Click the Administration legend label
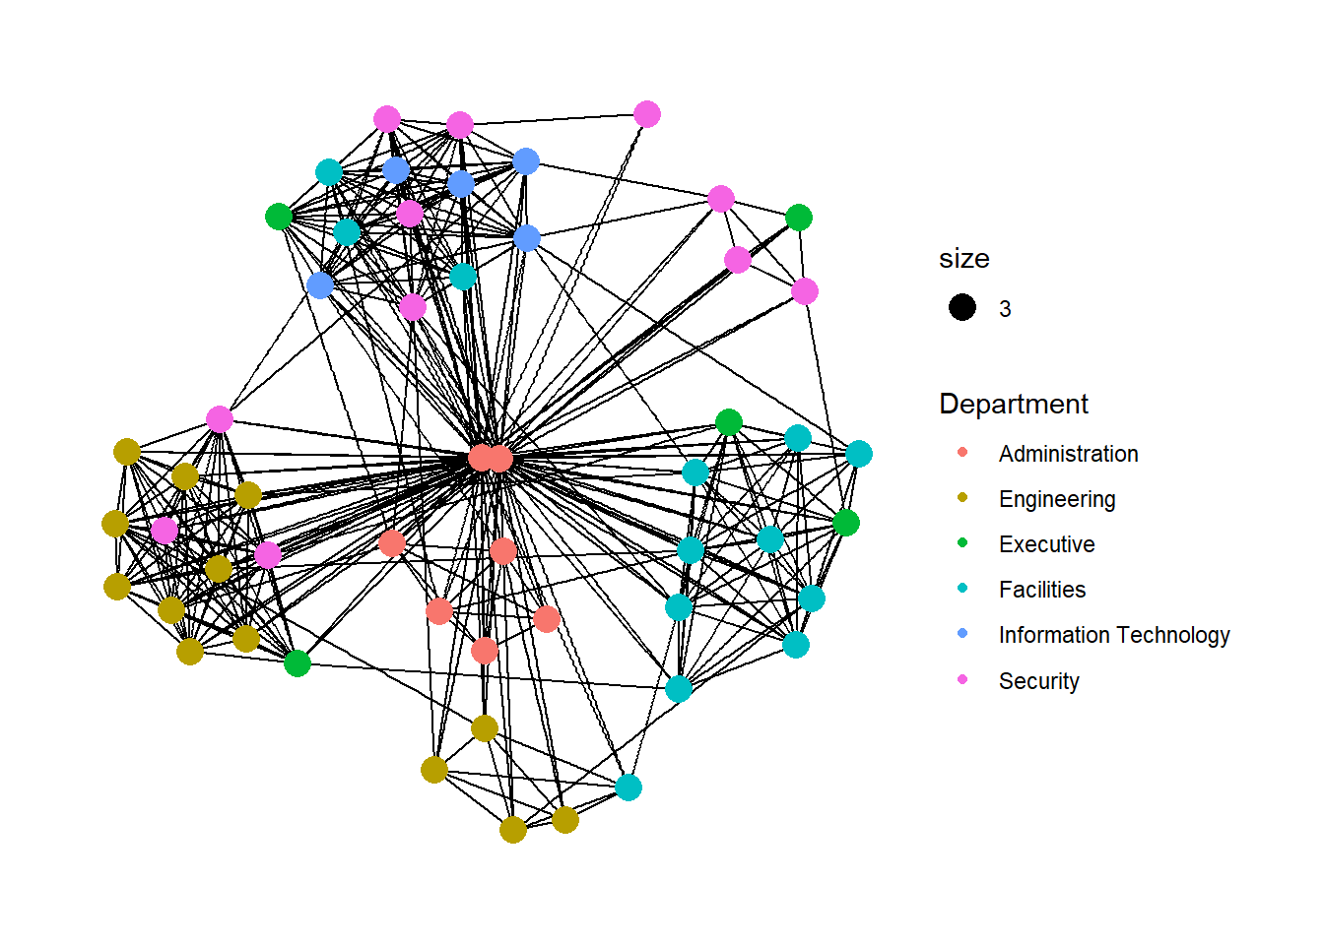pos(1068,454)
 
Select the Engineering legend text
pos(1056,499)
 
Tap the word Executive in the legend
pos(1046,544)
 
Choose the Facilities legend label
pos(1041,590)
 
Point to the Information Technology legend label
pos(1113,635)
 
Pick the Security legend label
pos(1038,681)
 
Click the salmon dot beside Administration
pos(962,452)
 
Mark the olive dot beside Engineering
pos(962,497)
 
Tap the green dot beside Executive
pos(962,542)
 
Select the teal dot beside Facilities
pos(962,588)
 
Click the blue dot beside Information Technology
pos(962,633)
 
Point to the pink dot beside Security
pos(962,679)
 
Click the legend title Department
pos(1013,404)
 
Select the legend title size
pos(963,259)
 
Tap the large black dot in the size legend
pos(962,308)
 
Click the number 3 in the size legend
pos(1005,309)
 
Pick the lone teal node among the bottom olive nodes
pos(629,787)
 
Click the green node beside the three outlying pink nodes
pos(799,217)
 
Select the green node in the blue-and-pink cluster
pos(279,216)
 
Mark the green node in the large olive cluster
pos(297,663)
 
